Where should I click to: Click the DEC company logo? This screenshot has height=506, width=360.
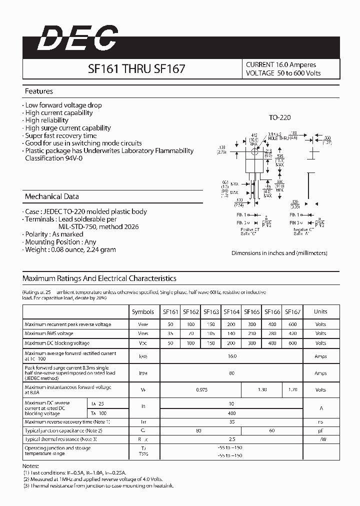pyautogui.click(x=77, y=38)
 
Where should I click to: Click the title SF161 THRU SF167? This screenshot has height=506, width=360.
pyautogui.click(x=136, y=69)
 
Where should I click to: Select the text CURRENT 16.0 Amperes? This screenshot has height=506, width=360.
pyautogui.click(x=280, y=64)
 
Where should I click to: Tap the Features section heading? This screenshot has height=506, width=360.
pyautogui.click(x=39, y=91)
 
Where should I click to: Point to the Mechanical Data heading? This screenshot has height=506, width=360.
pyautogui.click(x=51, y=196)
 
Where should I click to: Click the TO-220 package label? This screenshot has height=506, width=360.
pyautogui.click(x=279, y=117)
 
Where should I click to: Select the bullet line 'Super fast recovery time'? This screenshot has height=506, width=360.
pyautogui.click(x=60, y=135)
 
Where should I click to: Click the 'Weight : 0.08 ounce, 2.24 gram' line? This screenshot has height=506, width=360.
pyautogui.click(x=70, y=249)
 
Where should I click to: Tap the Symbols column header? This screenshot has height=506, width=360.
pyautogui.click(x=143, y=311)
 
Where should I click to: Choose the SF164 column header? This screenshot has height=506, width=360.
pyautogui.click(x=231, y=311)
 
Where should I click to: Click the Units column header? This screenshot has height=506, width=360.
pyautogui.click(x=320, y=311)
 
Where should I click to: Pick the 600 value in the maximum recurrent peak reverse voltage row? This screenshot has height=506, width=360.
pyautogui.click(x=292, y=324)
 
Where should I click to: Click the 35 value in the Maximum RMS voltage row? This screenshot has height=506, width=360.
pyautogui.click(x=170, y=333)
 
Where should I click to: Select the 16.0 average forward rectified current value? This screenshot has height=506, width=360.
pyautogui.click(x=231, y=356)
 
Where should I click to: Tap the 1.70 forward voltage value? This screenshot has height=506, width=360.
pyautogui.click(x=292, y=389)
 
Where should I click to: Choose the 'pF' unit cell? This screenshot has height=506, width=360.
pyautogui.click(x=320, y=430)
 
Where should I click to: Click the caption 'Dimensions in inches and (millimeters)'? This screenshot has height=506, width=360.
pyautogui.click(x=279, y=253)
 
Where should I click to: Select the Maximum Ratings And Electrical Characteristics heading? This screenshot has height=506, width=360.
pyautogui.click(x=99, y=278)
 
